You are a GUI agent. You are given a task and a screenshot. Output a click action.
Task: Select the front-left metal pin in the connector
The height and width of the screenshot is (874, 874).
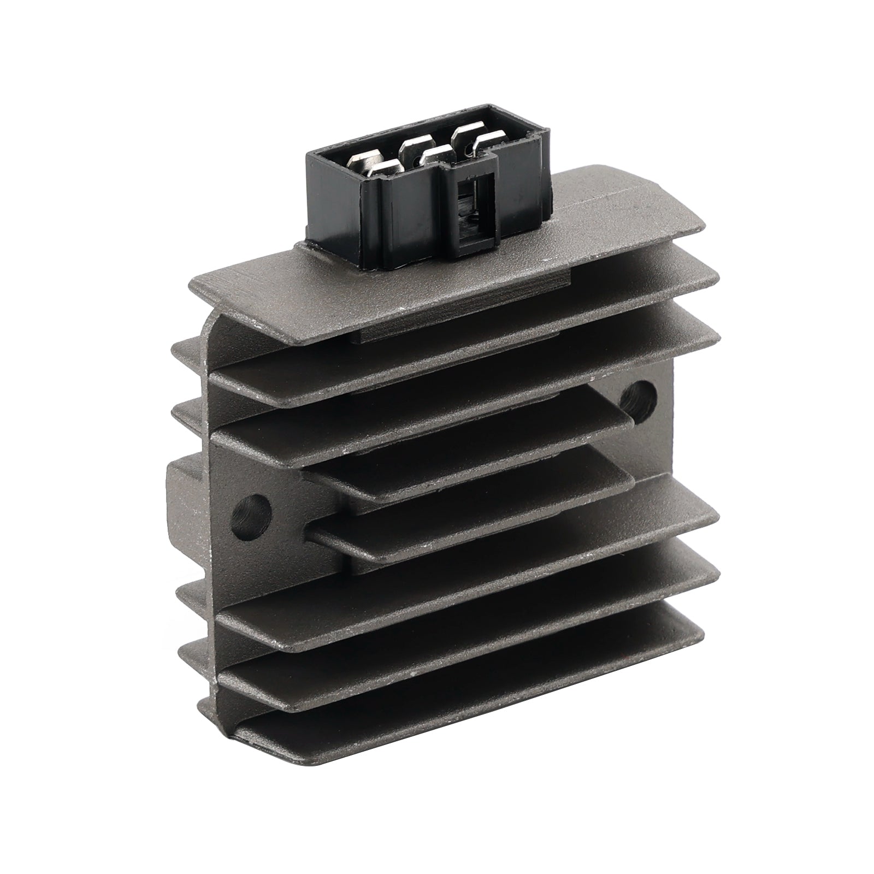(382, 168)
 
